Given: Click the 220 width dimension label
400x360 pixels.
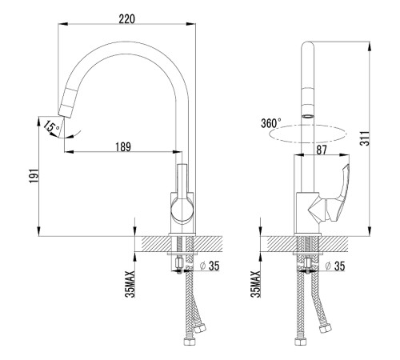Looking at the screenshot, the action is (x=127, y=19).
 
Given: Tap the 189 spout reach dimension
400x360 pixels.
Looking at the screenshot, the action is (x=123, y=147).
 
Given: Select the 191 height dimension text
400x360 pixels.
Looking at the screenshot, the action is (x=34, y=176).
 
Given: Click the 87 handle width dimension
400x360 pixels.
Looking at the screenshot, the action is (x=322, y=150).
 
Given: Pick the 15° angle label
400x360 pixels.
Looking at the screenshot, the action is (x=51, y=126).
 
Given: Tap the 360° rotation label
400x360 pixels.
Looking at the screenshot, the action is (x=270, y=123).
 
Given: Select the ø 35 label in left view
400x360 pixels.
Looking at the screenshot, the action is (x=210, y=266).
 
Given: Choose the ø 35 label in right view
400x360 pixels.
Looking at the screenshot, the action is (x=335, y=266).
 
